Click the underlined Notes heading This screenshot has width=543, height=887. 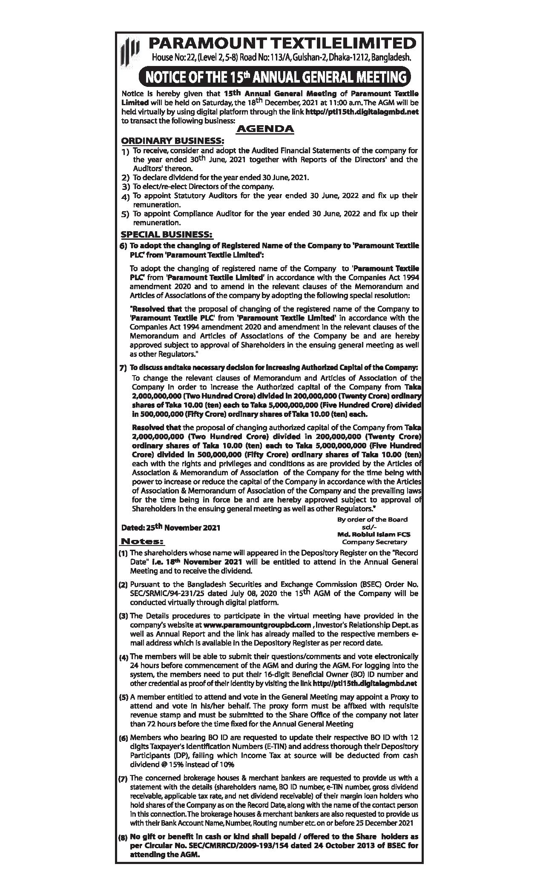(142, 542)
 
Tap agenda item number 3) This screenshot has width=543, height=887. (125, 187)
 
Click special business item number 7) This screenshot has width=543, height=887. (123, 367)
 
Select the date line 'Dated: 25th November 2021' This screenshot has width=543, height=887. (171, 528)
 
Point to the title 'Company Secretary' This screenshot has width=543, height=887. (374, 542)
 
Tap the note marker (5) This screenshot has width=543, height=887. (123, 698)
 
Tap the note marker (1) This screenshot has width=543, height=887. (123, 553)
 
